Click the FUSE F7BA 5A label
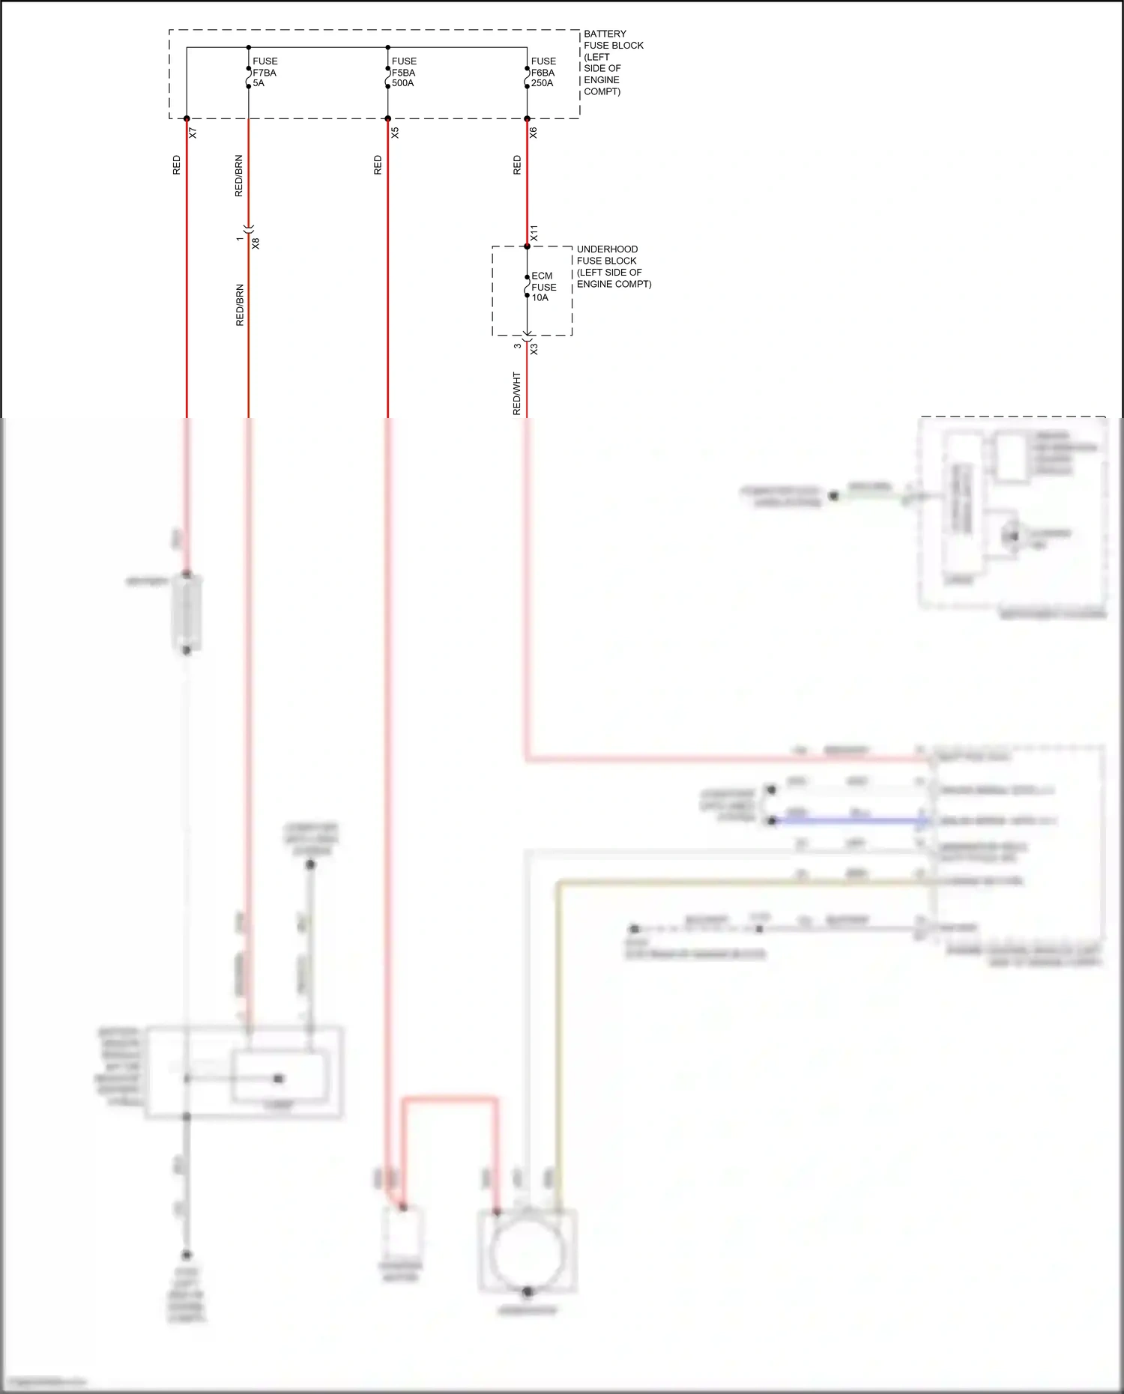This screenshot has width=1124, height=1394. point(265,72)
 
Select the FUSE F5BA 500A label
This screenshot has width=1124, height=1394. point(403,72)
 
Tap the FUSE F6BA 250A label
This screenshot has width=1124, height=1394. point(543,72)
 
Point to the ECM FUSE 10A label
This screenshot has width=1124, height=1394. point(543,287)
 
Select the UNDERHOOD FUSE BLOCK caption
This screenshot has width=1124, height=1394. point(613,267)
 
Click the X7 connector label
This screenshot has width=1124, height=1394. point(193,133)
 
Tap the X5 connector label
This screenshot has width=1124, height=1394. point(395,133)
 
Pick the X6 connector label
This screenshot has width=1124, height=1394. point(534,133)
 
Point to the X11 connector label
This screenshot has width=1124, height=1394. point(534,232)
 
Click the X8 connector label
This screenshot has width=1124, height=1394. point(256,243)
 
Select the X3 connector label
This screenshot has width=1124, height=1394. point(534,349)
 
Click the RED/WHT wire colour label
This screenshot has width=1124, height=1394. point(516,393)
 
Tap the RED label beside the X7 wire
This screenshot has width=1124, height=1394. point(177,165)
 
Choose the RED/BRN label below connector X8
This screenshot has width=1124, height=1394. point(240,305)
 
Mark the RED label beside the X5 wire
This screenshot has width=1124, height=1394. point(378,165)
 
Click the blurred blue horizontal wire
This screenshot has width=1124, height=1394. point(850,821)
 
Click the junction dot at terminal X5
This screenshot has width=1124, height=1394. point(387,118)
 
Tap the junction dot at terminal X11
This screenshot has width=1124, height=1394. point(527,246)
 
